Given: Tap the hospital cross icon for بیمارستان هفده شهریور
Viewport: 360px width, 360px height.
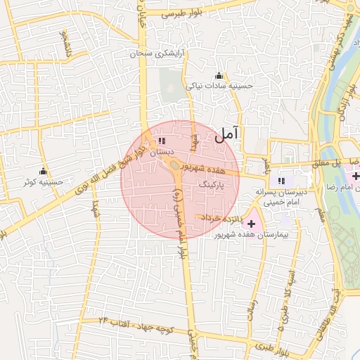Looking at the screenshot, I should [x=252, y=223].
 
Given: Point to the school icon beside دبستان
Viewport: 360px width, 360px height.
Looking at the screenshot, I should [x=162, y=141].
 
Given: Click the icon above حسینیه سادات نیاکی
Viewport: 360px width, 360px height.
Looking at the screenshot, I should [x=219, y=75].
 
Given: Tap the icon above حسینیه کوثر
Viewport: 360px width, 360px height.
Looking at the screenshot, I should [x=44, y=172].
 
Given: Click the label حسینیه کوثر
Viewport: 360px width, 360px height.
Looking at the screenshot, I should [x=44, y=182].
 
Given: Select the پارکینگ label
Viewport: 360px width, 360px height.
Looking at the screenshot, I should [x=216, y=183].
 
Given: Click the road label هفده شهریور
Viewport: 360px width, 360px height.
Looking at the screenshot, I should [x=205, y=169].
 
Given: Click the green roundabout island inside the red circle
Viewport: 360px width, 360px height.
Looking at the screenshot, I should [x=173, y=166].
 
